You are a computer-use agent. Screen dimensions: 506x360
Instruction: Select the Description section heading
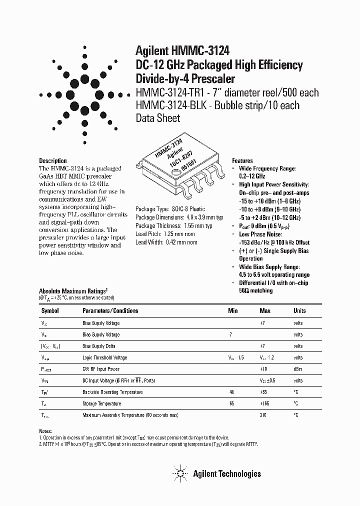pos(53,160)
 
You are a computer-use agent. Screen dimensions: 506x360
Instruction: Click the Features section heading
pos(242,161)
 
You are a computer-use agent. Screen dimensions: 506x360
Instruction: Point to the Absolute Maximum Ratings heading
pos(73,290)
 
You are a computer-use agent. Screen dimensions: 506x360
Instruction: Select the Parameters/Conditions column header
pos(110,310)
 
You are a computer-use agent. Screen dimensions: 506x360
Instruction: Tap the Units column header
pos(299,310)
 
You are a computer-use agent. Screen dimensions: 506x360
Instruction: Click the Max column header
pos(265,310)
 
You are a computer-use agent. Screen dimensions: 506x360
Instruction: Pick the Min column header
pos(233,310)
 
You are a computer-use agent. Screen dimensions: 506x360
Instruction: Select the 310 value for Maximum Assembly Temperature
pos(263,415)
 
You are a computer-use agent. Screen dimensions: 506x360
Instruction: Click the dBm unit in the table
pos(298,369)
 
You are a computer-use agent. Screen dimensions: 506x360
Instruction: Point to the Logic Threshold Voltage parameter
pos(104,357)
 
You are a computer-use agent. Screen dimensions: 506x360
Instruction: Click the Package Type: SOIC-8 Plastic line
pos(170,209)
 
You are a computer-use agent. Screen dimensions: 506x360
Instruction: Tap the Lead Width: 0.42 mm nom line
pos(166,242)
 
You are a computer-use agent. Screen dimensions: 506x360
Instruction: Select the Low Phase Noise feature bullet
pos(260,234)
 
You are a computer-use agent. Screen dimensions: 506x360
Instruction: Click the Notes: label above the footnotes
pos(45,431)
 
